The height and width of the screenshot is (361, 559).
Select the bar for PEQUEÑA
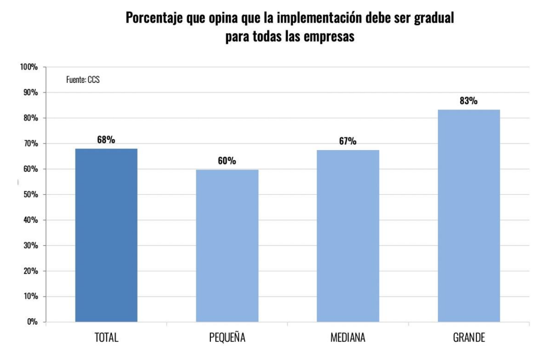pos(227,246)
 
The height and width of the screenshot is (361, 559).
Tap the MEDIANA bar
pos(348,235)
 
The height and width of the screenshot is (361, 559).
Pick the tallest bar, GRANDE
pos(468,215)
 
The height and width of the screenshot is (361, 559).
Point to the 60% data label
pos(227,161)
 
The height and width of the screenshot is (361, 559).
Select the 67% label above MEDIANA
pos(348,142)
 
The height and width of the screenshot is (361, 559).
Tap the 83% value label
pos(468,101)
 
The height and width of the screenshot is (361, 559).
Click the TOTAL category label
pos(106,337)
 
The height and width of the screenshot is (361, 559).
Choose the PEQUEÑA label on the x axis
pos(227,337)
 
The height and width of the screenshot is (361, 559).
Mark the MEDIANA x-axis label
pos(348,337)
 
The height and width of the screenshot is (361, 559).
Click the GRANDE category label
pos(468,337)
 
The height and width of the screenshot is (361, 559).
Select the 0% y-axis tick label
pos(32,322)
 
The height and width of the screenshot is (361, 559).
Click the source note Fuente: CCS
pos(83,79)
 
